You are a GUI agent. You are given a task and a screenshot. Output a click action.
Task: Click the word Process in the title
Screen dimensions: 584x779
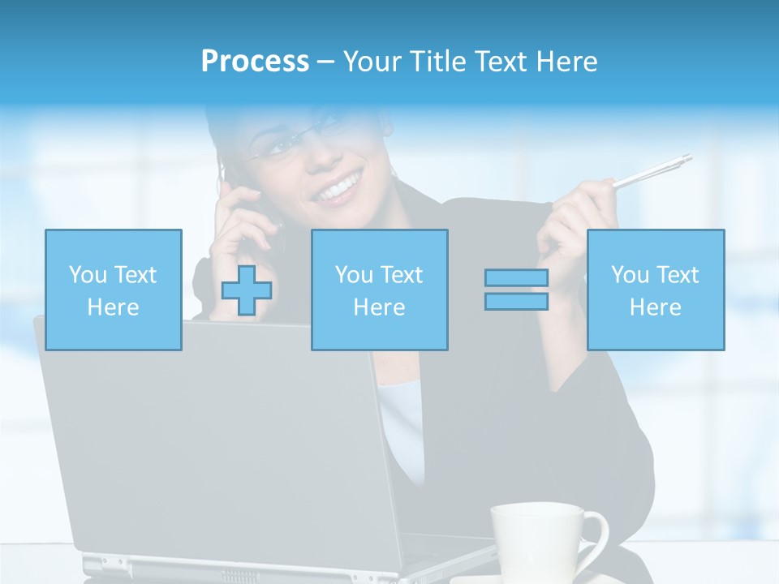coord(255,62)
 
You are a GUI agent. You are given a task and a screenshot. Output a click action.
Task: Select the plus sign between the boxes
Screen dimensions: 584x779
coord(247,290)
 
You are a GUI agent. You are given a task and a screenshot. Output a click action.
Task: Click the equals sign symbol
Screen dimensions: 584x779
coord(516,290)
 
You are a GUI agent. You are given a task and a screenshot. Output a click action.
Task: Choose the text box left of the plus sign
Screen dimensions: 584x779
coord(113,290)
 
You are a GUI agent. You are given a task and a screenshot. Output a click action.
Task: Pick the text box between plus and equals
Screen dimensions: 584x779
coord(379,290)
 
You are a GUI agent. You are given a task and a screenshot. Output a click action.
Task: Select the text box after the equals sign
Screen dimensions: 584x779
coord(655,290)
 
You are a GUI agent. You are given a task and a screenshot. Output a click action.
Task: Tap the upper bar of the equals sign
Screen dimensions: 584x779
coord(516,278)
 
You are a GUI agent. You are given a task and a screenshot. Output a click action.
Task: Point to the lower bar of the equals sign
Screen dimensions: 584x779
coord(516,301)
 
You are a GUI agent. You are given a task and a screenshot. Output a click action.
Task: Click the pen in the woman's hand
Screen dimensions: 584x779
coord(653,172)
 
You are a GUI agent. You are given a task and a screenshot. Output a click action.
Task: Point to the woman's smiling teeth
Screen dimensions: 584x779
coord(338,190)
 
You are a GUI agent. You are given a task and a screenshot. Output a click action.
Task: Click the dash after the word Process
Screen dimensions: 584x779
coord(325,62)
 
